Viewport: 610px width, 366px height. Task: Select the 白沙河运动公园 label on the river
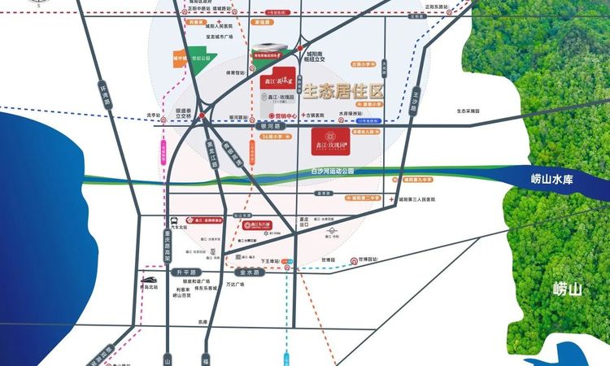pyautogui.click(x=333, y=172)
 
